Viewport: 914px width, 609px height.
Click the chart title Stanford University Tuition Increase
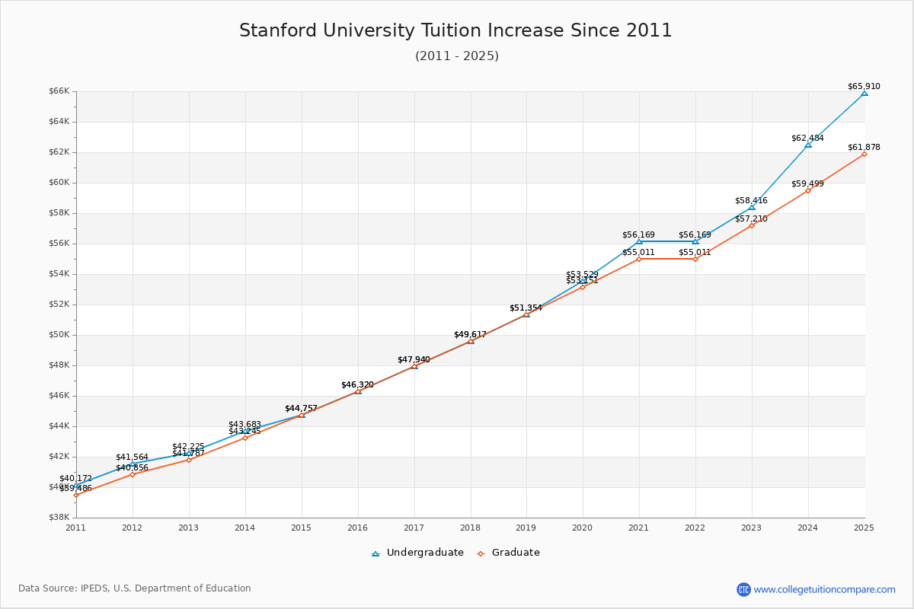[455, 31]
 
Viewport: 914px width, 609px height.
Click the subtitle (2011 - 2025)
[456, 56]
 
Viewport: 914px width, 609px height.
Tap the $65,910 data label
[863, 86]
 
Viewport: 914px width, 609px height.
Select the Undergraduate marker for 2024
[808, 145]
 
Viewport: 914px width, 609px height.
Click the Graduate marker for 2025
[864, 154]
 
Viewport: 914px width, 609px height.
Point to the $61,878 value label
[863, 147]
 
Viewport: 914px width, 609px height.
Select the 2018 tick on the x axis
[470, 527]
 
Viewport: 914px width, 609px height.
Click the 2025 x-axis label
[864, 527]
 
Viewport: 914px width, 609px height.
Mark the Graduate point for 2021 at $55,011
[639, 259]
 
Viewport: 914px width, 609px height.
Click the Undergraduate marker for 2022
[695, 241]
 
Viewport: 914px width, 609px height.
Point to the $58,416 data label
[751, 200]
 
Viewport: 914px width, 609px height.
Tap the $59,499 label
[807, 183]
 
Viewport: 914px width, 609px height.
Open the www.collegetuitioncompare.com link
[824, 589]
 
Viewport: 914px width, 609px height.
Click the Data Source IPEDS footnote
[135, 588]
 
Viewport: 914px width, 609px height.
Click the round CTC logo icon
[743, 589]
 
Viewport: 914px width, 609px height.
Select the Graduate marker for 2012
[133, 474]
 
